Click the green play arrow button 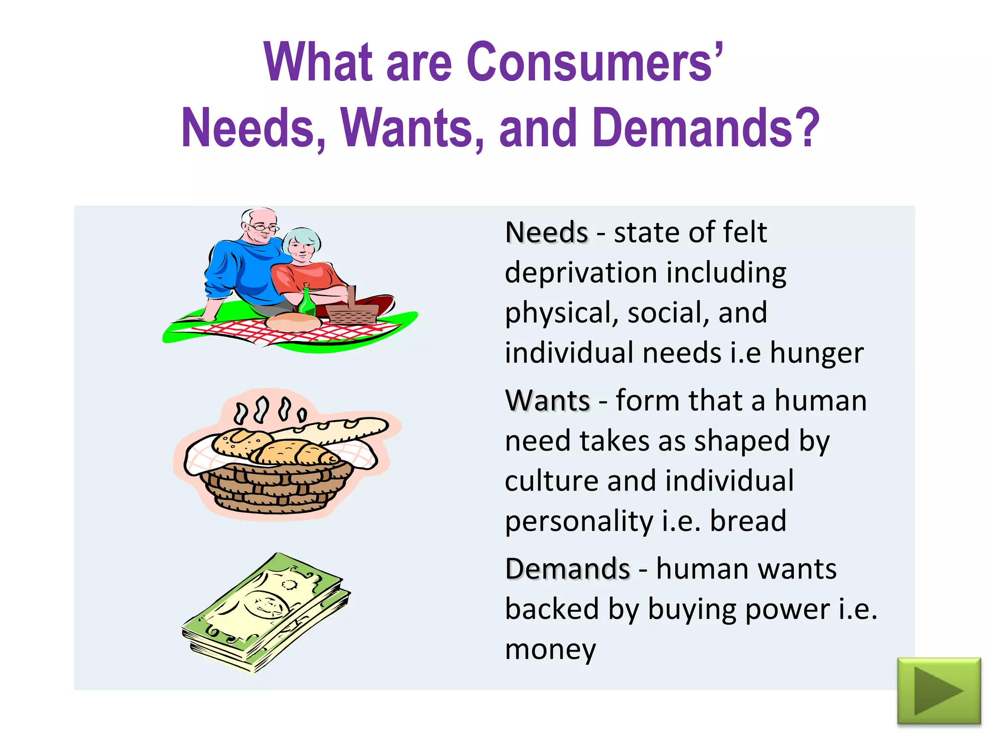coord(939,691)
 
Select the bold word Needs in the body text coord(546,233)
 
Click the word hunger coord(816,353)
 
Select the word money coord(551,649)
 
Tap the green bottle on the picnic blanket coord(307,302)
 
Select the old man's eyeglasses coord(263,227)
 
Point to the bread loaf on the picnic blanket coord(293,322)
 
